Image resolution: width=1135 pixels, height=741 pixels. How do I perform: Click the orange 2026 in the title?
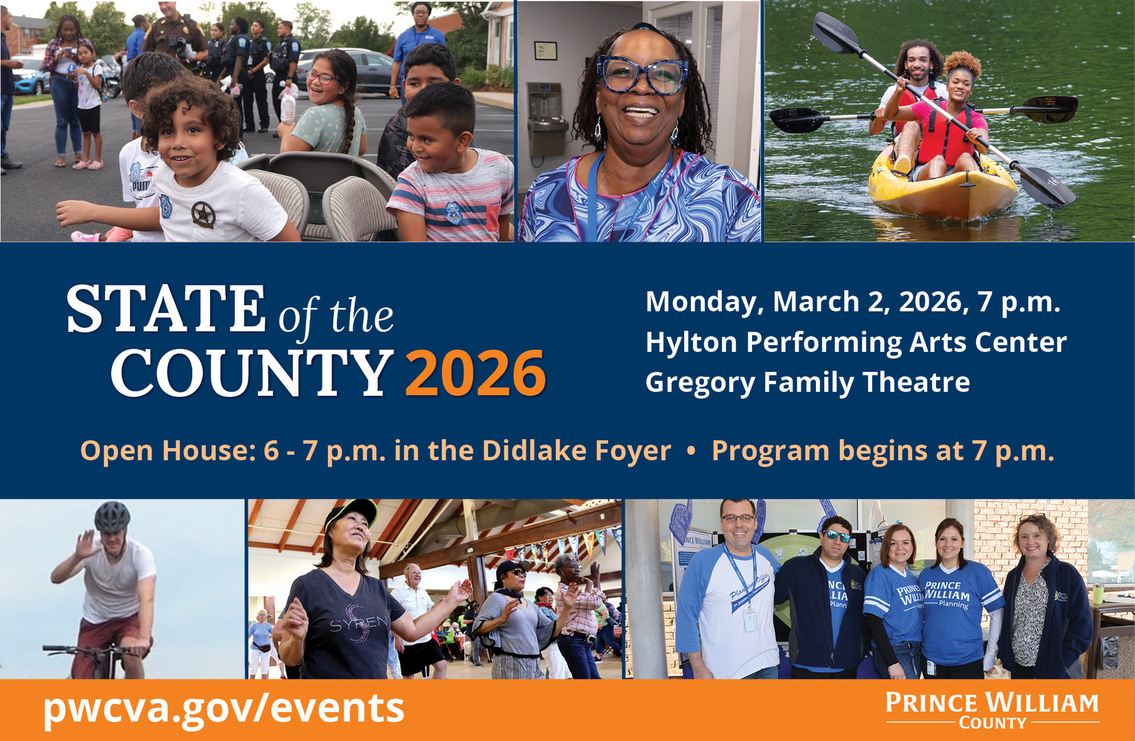pos(476,373)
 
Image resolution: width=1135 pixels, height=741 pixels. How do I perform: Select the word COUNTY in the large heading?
pos(252,373)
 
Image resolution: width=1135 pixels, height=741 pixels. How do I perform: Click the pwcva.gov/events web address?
pos(224,709)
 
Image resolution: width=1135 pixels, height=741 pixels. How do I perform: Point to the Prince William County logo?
pos(992,711)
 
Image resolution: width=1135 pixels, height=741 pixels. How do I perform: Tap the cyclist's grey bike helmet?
pos(112,516)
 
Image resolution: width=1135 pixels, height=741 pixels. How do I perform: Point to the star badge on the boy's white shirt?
pos(203,214)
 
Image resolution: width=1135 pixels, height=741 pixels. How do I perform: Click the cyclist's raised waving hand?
pos(87,545)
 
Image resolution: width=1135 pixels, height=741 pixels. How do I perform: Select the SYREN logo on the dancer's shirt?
pos(360,624)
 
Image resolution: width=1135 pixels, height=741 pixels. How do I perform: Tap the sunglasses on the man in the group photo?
pos(838,536)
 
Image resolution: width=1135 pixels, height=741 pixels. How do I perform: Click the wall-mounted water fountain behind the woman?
pos(546,119)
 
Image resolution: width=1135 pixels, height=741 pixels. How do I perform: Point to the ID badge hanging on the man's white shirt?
pos(750,620)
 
